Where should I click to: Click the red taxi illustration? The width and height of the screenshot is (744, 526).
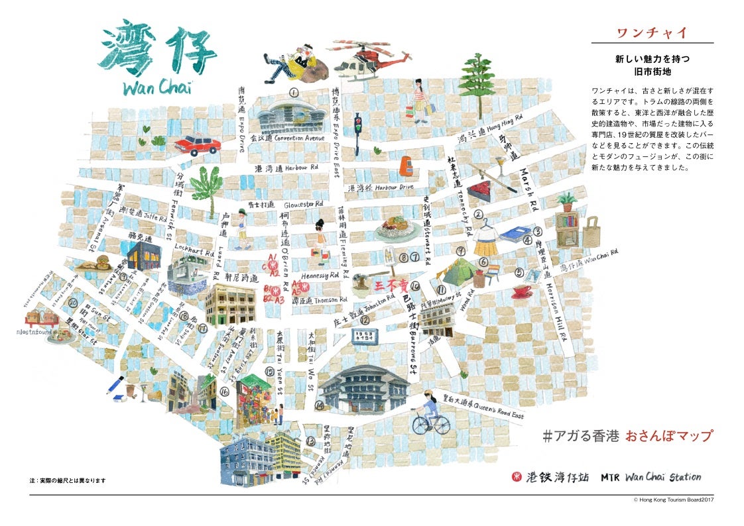pos(196,144)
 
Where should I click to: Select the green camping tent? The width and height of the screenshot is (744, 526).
pos(458,272)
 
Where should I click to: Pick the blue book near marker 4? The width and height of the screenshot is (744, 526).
pos(513,234)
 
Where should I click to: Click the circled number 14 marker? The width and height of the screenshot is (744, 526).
pos(320,405)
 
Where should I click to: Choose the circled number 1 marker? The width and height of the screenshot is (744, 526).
pos(292,93)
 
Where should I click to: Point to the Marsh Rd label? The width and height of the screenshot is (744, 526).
pos(528,189)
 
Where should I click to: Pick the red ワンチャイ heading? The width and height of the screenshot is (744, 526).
pos(651,32)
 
